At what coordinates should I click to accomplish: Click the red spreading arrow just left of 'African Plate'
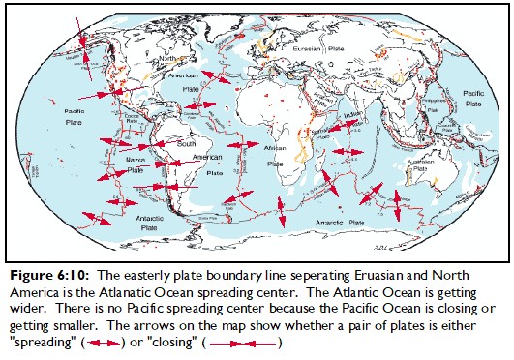(x=247, y=143)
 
